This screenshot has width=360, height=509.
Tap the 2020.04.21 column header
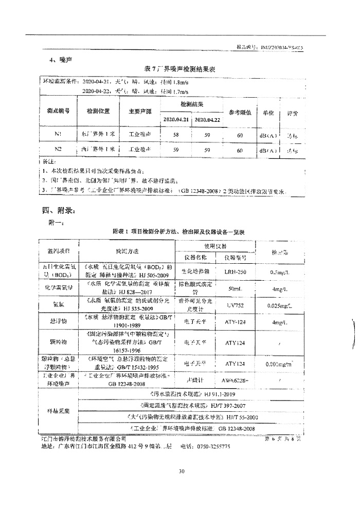point(176,119)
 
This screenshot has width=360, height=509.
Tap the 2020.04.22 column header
point(207,119)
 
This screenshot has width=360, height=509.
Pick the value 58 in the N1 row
point(176,134)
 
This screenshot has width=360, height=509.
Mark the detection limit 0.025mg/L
point(281,305)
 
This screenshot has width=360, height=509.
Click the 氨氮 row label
point(58,305)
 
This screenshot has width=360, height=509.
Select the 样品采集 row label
point(58,411)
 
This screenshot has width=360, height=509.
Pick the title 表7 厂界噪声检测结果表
point(179,68)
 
